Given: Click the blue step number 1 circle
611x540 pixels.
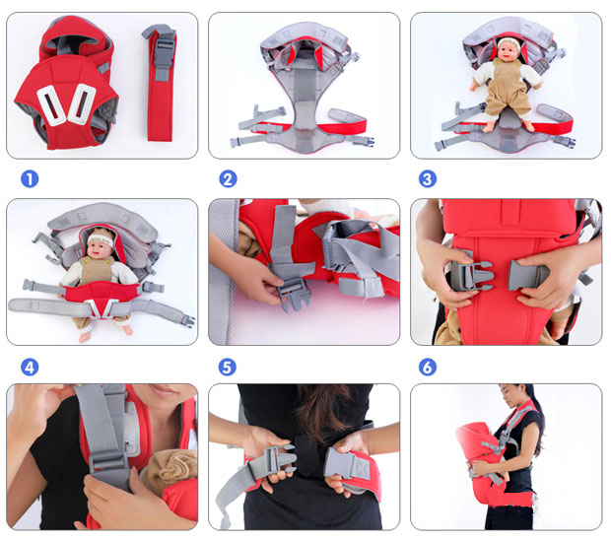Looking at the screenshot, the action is (30, 179).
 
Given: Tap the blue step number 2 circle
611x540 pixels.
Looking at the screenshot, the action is (228, 179).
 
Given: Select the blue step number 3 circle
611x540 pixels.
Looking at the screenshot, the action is (428, 179).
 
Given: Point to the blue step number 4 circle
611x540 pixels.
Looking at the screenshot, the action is (30, 367).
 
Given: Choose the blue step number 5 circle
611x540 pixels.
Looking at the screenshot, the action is (228, 367).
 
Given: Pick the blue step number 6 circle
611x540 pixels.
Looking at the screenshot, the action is (428, 367).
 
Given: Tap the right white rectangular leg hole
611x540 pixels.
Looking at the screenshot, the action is (81, 102).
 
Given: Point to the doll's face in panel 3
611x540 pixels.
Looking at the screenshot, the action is (508, 49).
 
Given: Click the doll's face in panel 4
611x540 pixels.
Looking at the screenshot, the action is (100, 248).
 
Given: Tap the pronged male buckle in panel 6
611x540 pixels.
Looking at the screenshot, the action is (471, 276).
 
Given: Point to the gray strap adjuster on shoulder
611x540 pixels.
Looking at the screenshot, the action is (110, 464).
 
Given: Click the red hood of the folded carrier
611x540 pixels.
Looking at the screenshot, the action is (77, 38).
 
